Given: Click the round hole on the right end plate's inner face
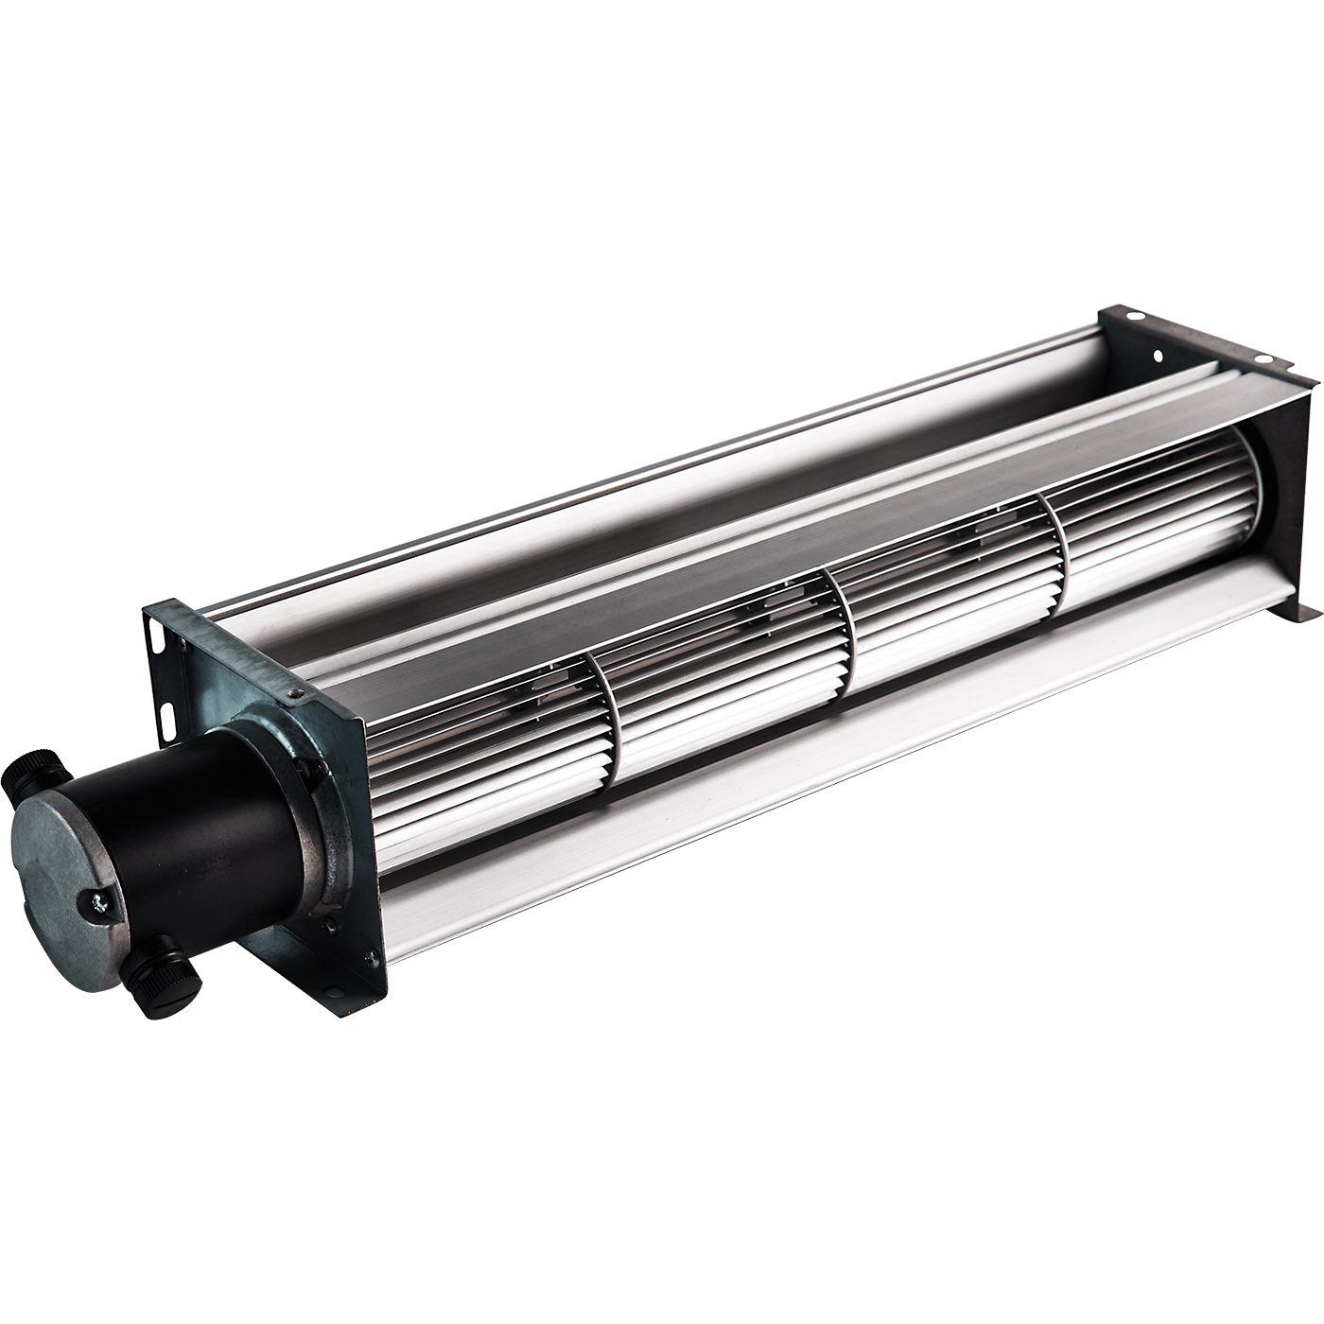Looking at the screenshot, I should coord(1156,357).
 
